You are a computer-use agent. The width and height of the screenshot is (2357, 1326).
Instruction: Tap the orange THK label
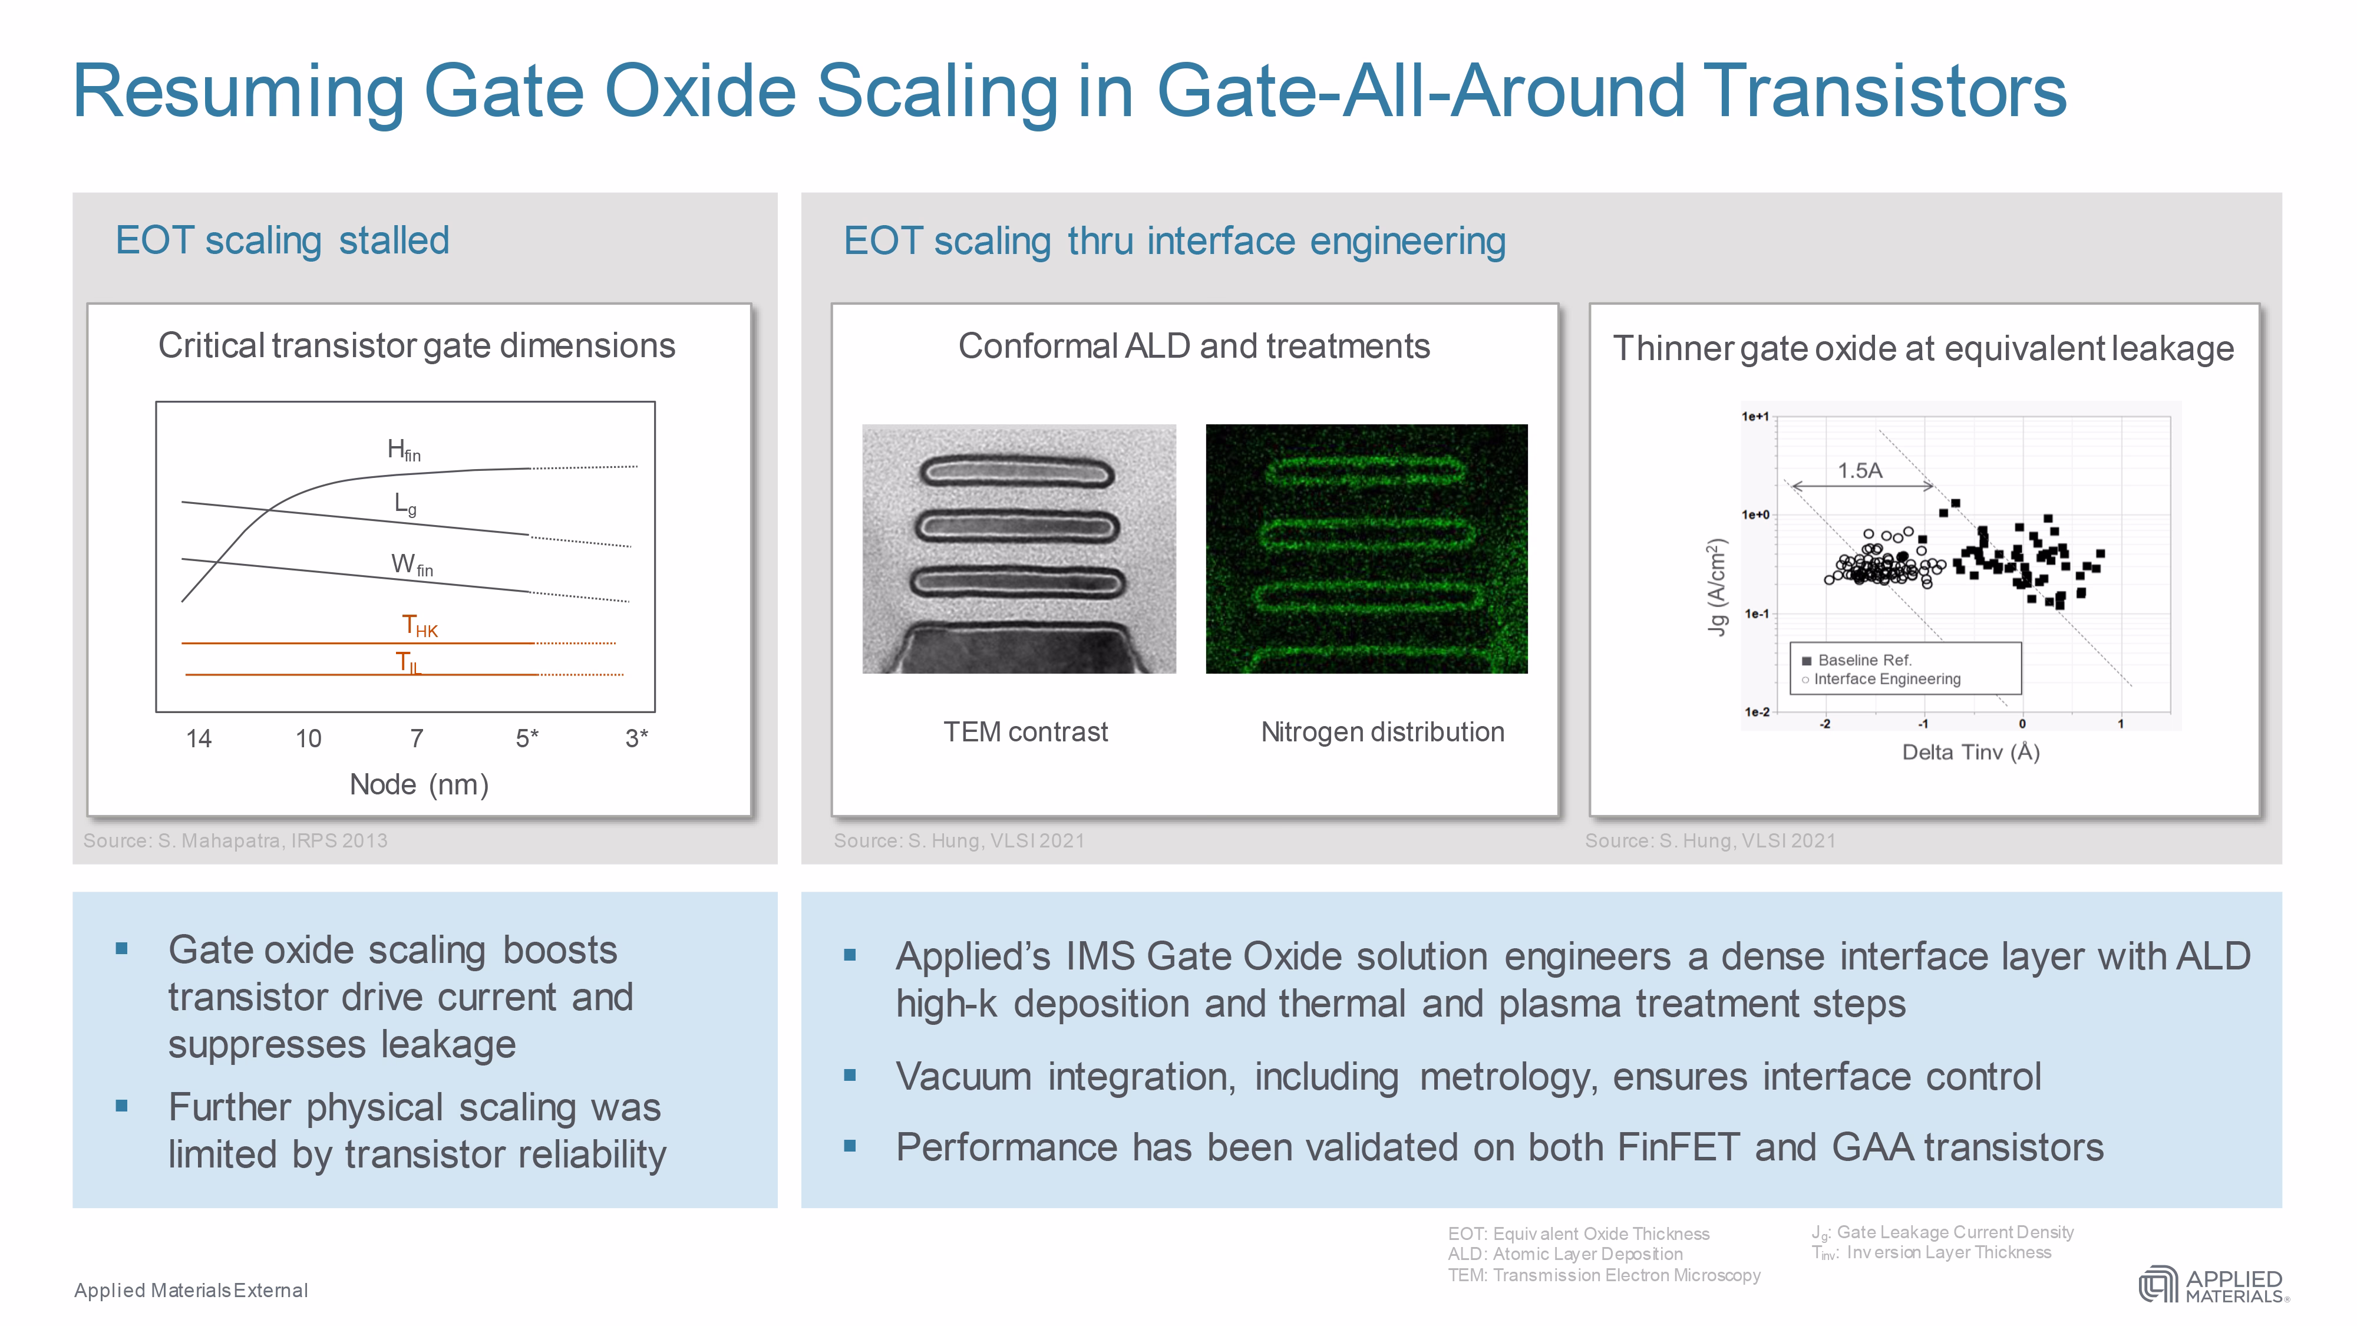[420, 626]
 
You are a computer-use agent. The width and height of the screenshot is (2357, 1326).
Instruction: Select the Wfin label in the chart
[412, 565]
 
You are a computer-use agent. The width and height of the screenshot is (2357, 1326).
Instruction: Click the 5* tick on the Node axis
[527, 738]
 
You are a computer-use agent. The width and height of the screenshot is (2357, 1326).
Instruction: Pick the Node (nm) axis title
[419, 784]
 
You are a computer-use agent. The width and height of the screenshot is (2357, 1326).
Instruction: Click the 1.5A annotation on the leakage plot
[1860, 470]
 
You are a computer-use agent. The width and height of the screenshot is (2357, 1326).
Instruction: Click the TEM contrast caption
[1026, 732]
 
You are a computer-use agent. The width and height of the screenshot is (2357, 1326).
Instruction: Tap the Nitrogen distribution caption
[1382, 732]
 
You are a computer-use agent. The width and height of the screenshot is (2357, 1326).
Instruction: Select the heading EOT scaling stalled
[282, 240]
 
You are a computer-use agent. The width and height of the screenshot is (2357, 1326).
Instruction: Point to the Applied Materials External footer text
[192, 1290]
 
